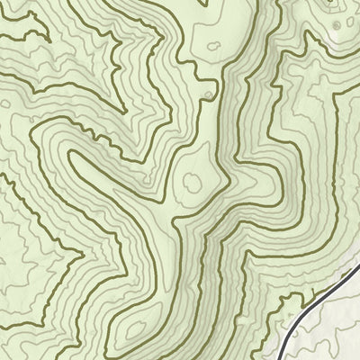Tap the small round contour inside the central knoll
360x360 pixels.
(x=192, y=182)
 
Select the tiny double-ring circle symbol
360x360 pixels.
(x=337, y=25)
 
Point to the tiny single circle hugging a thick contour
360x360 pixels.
(x=209, y=94)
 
